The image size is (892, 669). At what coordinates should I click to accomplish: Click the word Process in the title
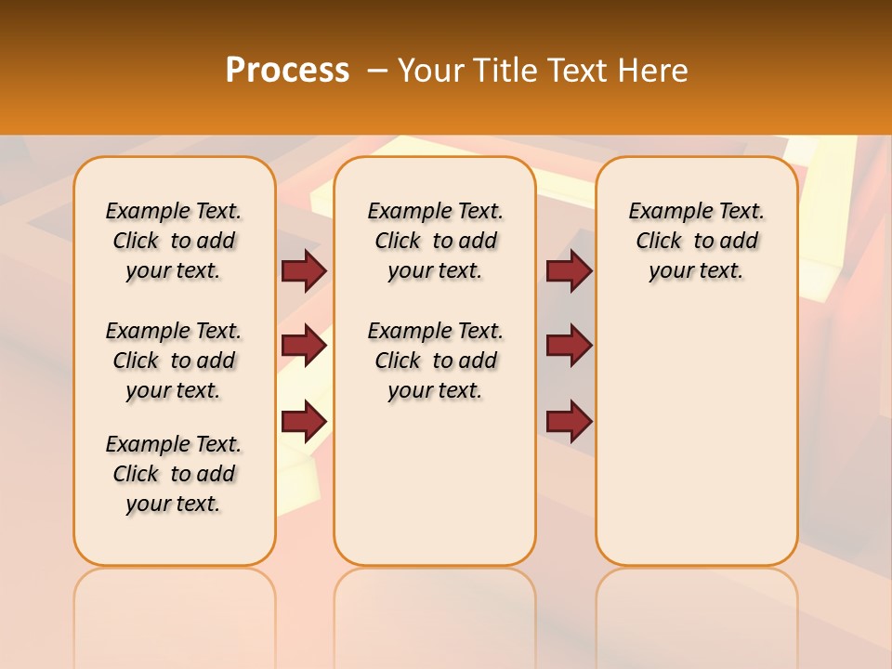[287, 71]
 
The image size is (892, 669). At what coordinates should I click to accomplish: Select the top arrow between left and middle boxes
[304, 270]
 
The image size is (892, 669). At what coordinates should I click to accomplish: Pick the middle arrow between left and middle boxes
[304, 346]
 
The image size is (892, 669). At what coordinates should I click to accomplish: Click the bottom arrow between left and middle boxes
[304, 422]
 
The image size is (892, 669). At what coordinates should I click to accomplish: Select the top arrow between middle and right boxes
[569, 270]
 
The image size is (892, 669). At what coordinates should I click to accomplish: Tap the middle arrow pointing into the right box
[569, 346]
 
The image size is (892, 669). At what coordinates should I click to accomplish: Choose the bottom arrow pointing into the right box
[569, 422]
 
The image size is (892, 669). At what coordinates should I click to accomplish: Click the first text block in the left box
[174, 241]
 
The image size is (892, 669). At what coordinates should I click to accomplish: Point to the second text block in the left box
[174, 361]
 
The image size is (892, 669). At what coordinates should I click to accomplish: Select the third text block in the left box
[174, 474]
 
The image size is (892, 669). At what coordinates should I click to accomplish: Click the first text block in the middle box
[436, 241]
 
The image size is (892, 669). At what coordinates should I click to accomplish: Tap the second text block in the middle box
[436, 361]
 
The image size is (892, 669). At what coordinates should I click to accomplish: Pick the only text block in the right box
[697, 241]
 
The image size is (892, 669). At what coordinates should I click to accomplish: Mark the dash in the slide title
[377, 71]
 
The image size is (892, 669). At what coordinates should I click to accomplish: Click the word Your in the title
[432, 71]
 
